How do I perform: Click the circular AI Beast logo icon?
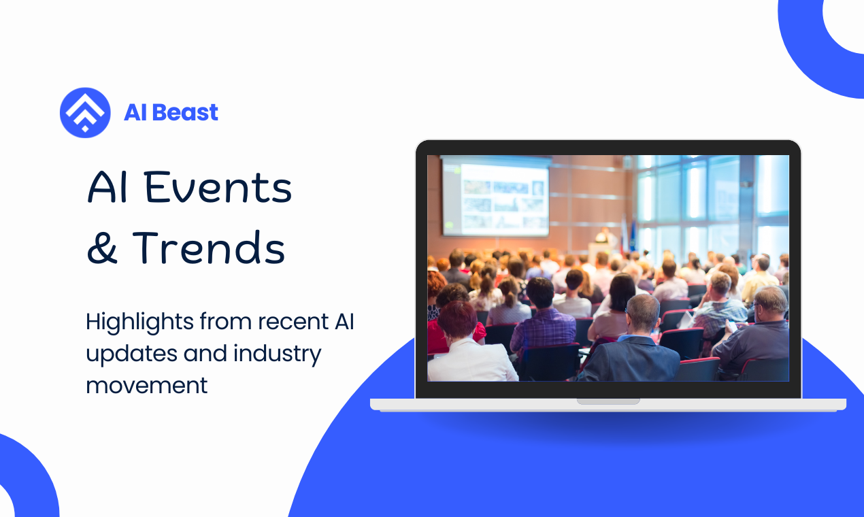(x=85, y=113)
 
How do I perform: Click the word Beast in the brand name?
(x=185, y=113)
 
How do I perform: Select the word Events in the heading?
(x=218, y=187)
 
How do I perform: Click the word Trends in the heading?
(x=209, y=248)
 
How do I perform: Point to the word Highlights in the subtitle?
(x=139, y=322)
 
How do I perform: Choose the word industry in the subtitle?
(x=278, y=354)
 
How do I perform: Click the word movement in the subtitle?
(x=147, y=386)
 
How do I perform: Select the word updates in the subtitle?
(x=131, y=354)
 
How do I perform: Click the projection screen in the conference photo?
(x=496, y=196)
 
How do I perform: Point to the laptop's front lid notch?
(x=608, y=401)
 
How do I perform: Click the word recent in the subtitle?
(x=293, y=322)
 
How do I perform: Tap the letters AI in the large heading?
(x=107, y=187)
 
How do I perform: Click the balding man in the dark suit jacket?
(x=633, y=339)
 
